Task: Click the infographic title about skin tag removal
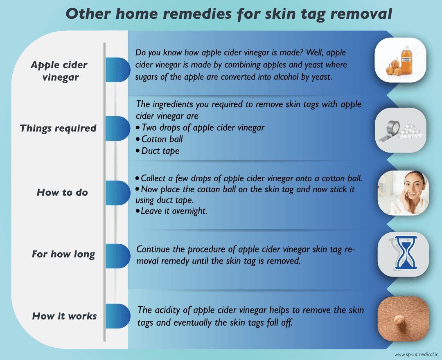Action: click(229, 13)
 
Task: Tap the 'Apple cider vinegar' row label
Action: click(59, 70)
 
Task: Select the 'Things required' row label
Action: click(58, 128)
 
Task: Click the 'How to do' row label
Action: click(62, 192)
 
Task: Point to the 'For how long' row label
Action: click(63, 254)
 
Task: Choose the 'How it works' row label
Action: click(65, 316)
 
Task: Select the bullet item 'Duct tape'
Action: click(160, 151)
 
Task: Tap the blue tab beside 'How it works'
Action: click(118, 316)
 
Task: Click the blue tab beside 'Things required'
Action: click(118, 128)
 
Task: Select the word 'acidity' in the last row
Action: click(170, 310)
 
